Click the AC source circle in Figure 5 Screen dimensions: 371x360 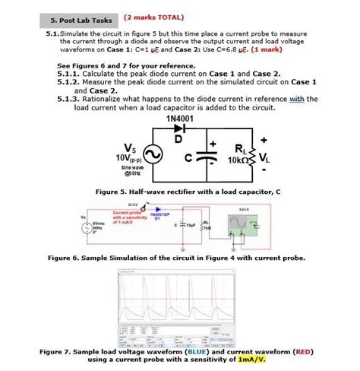tap(150, 155)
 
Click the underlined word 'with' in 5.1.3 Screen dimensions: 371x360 tap(295, 99)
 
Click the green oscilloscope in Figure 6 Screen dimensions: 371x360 tap(250, 223)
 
